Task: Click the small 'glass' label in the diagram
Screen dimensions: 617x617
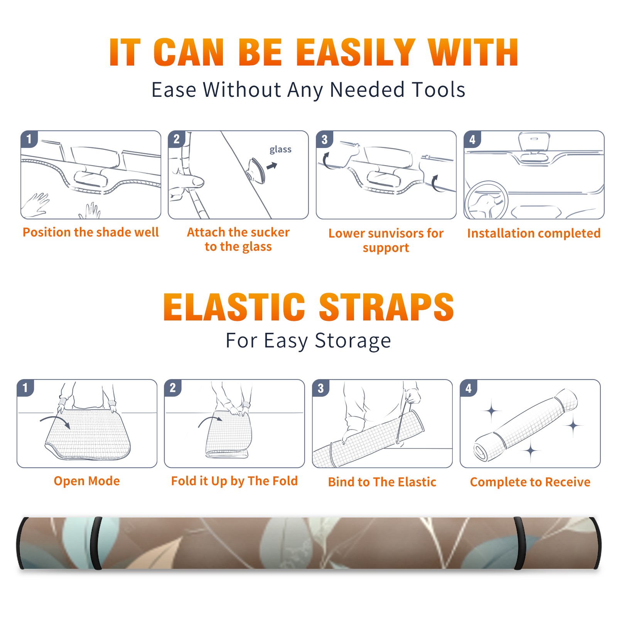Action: click(x=280, y=150)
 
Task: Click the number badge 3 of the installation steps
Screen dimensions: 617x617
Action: click(x=324, y=139)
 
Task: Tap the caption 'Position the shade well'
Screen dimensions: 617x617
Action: click(x=91, y=232)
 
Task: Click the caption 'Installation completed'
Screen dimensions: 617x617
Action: click(x=534, y=233)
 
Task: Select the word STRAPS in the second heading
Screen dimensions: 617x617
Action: click(x=386, y=307)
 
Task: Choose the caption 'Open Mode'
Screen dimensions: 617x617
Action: click(x=87, y=481)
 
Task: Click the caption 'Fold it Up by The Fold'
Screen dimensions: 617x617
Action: click(x=234, y=481)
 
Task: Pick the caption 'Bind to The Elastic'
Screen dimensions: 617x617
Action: click(x=382, y=482)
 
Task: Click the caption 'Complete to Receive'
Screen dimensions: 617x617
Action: click(x=530, y=482)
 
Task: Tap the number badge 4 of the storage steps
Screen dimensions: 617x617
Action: click(x=469, y=388)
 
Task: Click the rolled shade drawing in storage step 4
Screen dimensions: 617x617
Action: click(x=526, y=425)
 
